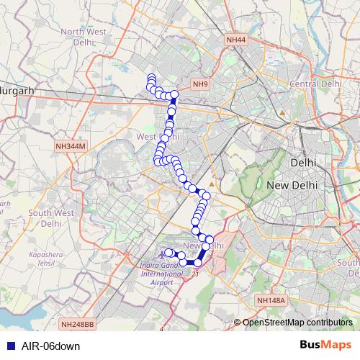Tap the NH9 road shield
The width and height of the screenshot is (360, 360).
point(199,84)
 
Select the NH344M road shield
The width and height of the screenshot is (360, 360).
point(71,146)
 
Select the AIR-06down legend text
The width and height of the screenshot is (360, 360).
point(50,346)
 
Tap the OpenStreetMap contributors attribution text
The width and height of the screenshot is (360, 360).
point(297,323)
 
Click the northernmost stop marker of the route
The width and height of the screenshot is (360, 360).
point(151,78)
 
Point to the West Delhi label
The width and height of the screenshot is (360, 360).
point(158,136)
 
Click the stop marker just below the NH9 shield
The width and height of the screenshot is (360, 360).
point(174,94)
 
